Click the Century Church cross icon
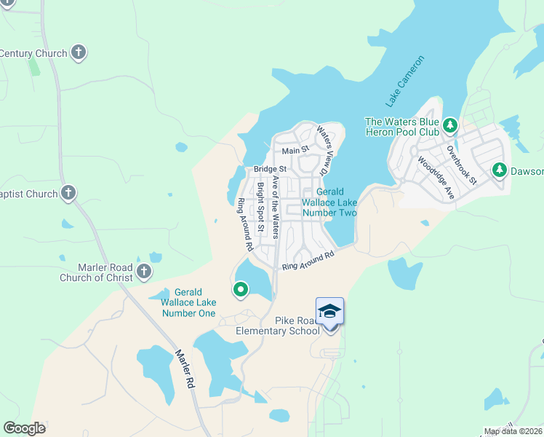tap(79, 53)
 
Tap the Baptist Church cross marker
tap(68, 193)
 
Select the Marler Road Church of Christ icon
tap(143, 272)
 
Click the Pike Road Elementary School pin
tap(329, 312)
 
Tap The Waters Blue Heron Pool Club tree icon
tap(450, 126)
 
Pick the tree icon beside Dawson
tap(500, 170)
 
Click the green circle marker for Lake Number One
tap(241, 291)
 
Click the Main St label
tap(296, 150)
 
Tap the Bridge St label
tap(270, 169)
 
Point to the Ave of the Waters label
tap(275, 206)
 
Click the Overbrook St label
tap(462, 165)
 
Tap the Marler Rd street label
tap(185, 369)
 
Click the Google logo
tap(24, 428)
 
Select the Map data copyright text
tap(513, 431)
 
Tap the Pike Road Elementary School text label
tap(277, 326)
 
